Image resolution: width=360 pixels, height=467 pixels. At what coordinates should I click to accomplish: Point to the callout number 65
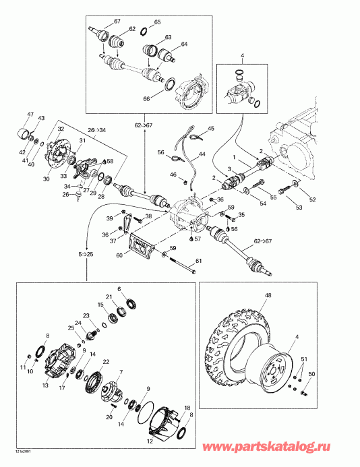pyautogui.click(x=157, y=22)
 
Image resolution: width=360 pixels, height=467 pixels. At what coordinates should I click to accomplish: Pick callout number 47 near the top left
pyautogui.click(x=30, y=114)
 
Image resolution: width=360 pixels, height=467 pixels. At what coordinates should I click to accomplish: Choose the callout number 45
pyautogui.click(x=210, y=128)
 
